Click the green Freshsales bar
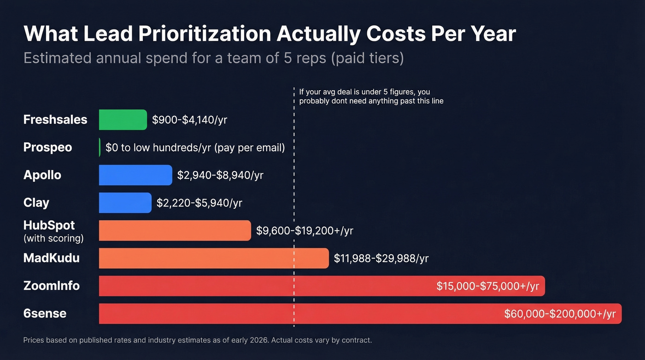(x=123, y=120)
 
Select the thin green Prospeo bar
(x=100, y=148)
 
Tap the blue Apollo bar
(x=135, y=175)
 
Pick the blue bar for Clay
(x=125, y=203)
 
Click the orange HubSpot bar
(x=175, y=230)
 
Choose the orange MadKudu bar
(x=214, y=258)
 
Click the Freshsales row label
(x=55, y=120)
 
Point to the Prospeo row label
(x=48, y=148)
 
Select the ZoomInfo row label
(x=52, y=286)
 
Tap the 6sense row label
(x=45, y=313)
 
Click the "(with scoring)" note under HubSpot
(x=53, y=239)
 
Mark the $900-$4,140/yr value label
(x=190, y=120)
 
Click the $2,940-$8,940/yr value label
(x=220, y=175)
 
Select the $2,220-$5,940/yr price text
(x=199, y=203)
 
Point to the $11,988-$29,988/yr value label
(x=381, y=258)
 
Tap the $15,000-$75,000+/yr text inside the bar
(x=487, y=286)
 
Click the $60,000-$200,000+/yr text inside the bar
(x=560, y=314)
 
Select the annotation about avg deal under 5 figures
(x=371, y=96)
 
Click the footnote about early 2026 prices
(x=197, y=341)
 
